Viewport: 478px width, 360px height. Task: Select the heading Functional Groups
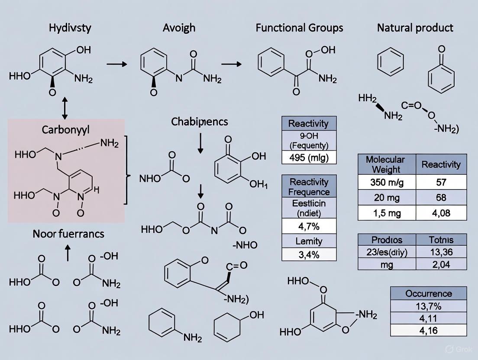(299, 28)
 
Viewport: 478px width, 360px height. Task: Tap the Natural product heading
(415, 28)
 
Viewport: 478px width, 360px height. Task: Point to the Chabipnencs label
(199, 122)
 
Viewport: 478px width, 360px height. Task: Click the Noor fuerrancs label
(68, 234)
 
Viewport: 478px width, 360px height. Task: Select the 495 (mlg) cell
(309, 157)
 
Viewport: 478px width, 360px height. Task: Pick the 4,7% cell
(309, 226)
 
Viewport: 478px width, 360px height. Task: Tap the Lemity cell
(309, 241)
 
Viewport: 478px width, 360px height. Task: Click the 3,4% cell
(309, 254)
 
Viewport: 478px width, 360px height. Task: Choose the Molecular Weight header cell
(385, 164)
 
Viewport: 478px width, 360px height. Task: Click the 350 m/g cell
(387, 182)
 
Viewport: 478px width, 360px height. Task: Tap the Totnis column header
(441, 240)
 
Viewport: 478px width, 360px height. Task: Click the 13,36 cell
(441, 252)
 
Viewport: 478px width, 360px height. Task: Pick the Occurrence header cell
(428, 293)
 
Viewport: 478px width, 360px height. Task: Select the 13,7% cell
(428, 307)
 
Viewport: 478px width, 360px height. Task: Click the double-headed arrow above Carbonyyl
(65, 108)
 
